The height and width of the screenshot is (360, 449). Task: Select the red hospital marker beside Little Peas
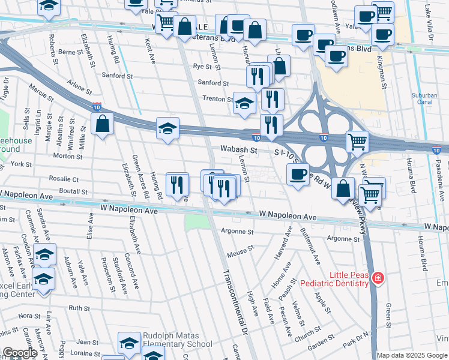coord(378,278)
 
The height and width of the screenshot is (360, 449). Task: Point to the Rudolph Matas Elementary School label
coord(177,340)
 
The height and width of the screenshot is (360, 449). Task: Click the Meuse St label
coord(238,254)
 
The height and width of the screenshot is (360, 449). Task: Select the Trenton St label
coord(217,99)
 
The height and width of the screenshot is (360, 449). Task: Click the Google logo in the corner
coord(19,352)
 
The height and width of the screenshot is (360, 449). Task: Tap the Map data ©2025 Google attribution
coord(412,355)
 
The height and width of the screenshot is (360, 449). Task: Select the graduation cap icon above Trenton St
coord(244,103)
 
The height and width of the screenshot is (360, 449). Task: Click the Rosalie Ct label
coord(64,179)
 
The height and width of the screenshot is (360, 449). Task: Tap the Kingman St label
coord(381,71)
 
